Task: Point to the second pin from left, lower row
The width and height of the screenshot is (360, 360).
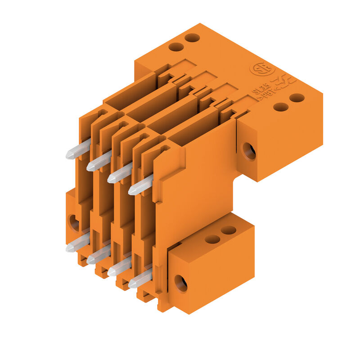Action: [x=98, y=254]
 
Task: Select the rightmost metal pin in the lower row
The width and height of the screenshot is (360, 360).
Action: [x=140, y=279]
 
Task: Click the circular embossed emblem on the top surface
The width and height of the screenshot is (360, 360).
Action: [x=262, y=69]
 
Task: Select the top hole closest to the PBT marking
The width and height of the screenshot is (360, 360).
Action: [x=281, y=107]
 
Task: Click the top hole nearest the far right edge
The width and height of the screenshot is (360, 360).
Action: [x=297, y=98]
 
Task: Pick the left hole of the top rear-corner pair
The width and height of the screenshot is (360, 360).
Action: [x=176, y=47]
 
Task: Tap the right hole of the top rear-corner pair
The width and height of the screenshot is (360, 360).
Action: [x=192, y=38]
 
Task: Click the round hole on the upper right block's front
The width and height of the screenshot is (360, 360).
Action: [x=249, y=151]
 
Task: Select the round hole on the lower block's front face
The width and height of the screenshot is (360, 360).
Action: [x=180, y=283]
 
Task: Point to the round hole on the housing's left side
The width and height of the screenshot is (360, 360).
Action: [x=73, y=222]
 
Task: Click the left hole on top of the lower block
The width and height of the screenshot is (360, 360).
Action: [x=212, y=239]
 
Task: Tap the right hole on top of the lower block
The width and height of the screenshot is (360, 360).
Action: [x=229, y=230]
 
